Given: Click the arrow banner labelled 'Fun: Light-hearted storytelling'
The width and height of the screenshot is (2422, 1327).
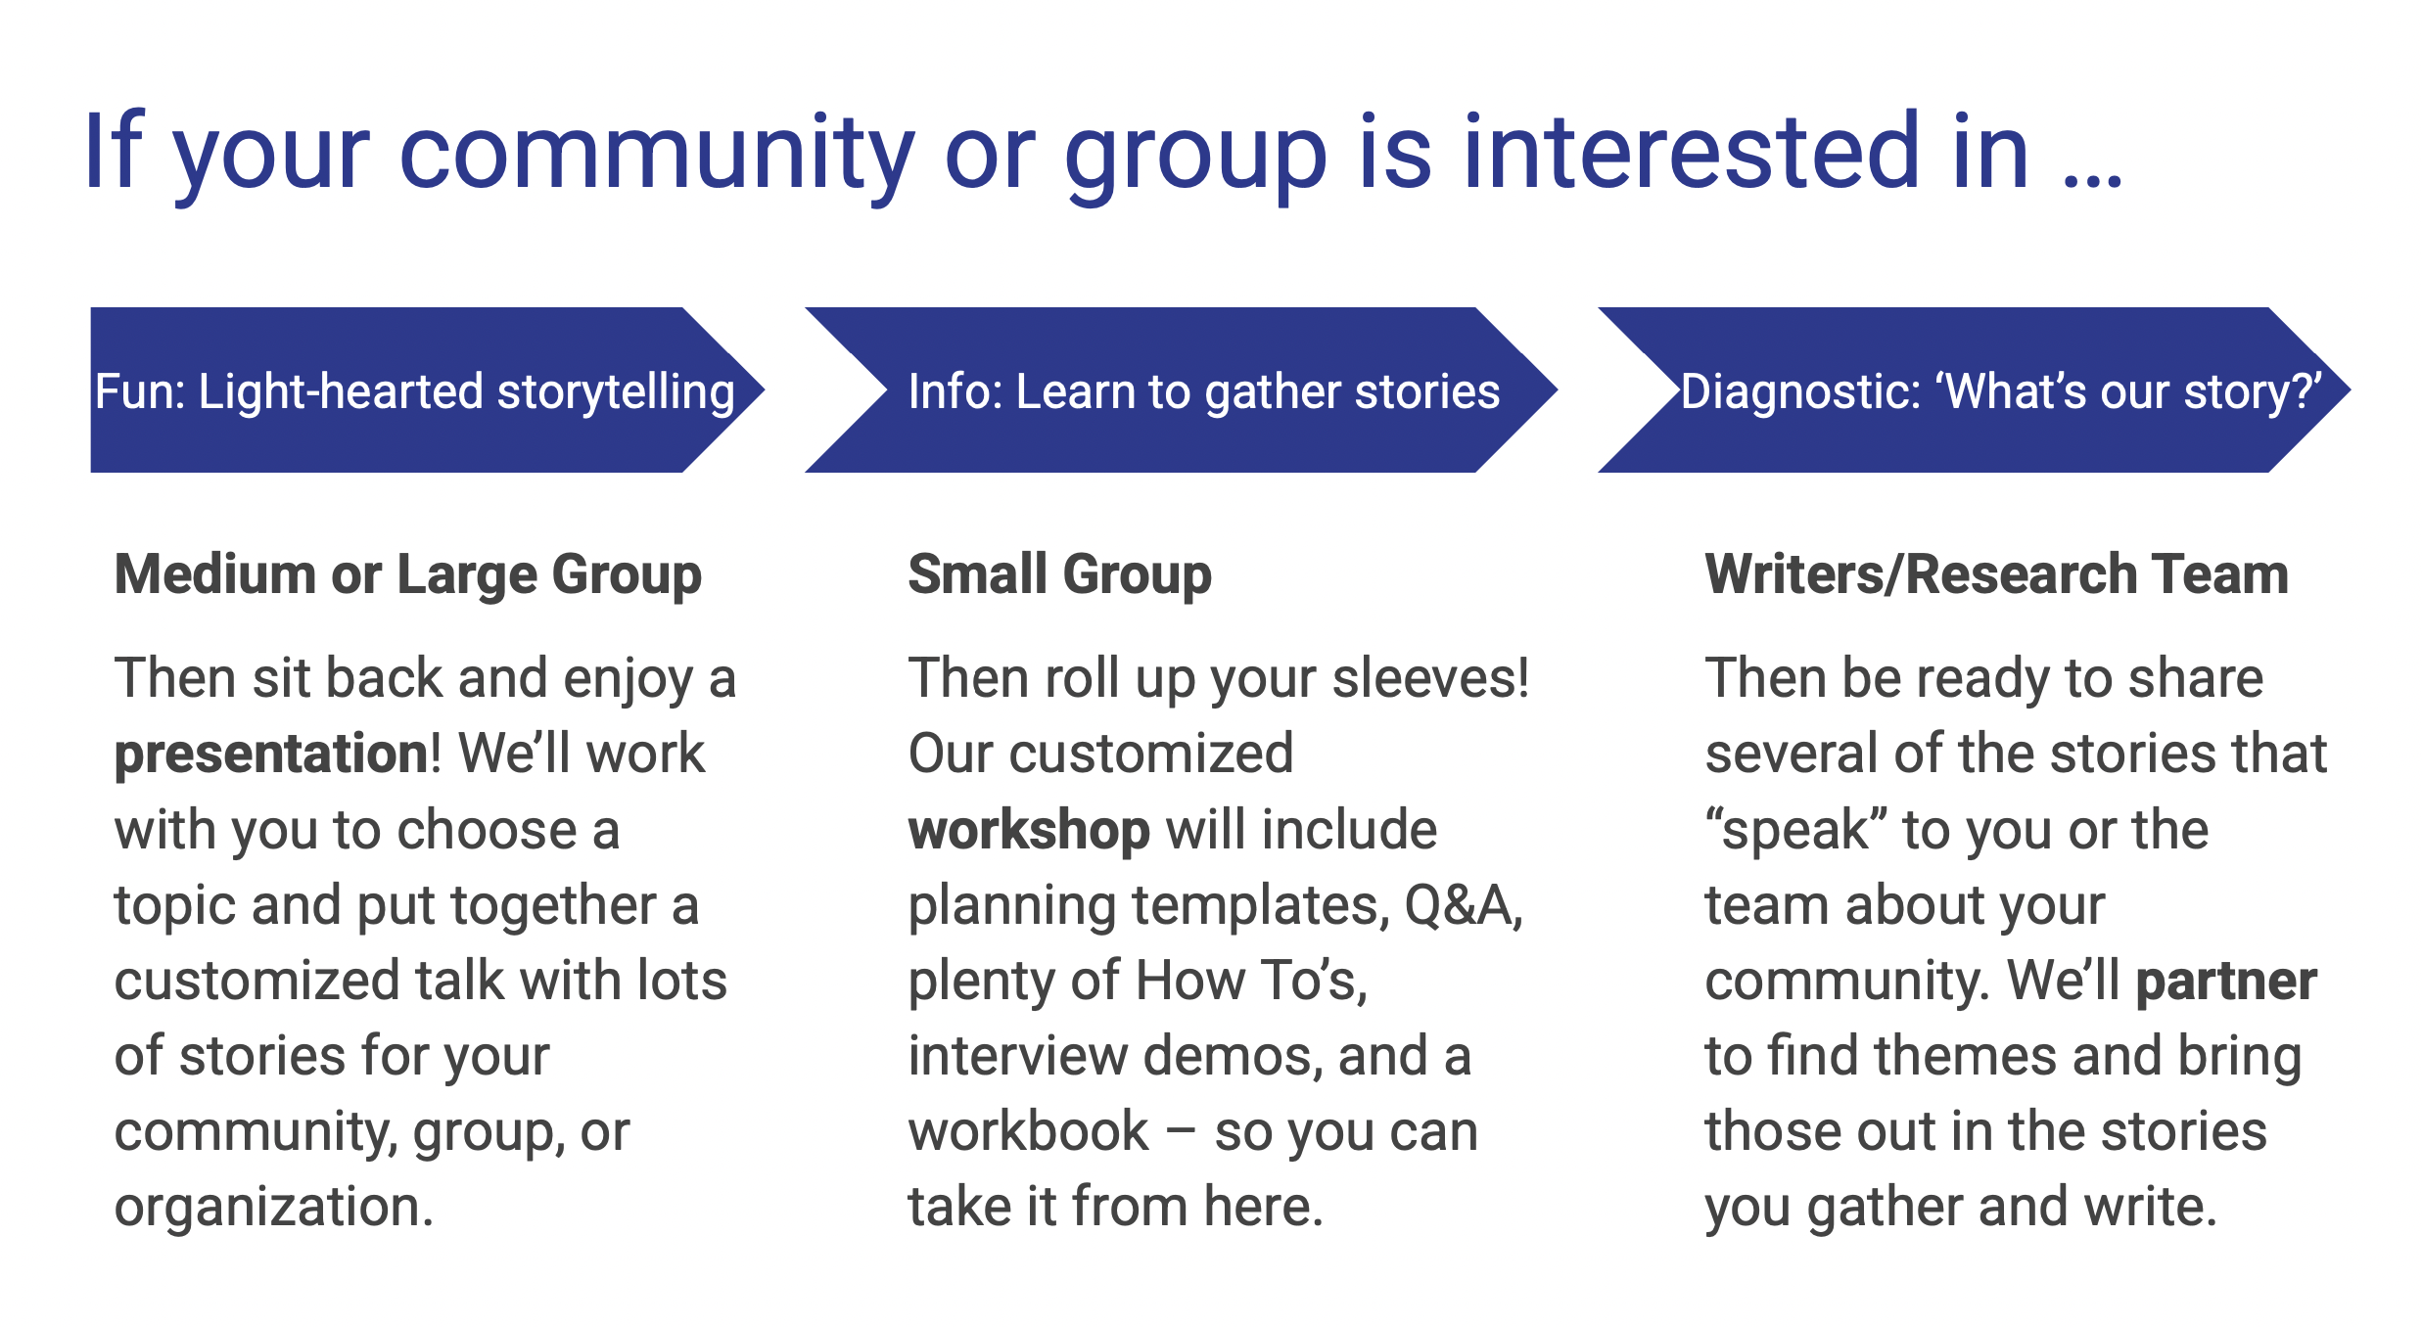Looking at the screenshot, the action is (427, 389).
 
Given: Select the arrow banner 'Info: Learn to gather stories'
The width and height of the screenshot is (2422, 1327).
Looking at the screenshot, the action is (1181, 389).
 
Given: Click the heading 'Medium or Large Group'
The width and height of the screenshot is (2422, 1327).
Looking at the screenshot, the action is (408, 574).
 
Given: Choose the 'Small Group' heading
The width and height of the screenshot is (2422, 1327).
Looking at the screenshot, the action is (1060, 574).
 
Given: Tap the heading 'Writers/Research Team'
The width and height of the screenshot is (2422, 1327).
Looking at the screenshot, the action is (1997, 573).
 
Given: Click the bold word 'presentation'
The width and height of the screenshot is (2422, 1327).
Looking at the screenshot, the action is (271, 755).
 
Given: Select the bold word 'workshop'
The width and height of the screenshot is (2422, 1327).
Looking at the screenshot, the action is (1029, 830).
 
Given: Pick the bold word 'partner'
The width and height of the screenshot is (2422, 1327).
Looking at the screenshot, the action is (2226, 981).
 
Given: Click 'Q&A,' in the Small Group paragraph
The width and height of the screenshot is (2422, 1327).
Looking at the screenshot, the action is (1464, 905).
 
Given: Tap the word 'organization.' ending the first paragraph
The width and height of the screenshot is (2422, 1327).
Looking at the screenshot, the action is (274, 1208).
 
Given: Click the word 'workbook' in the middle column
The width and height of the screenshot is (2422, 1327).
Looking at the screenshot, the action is (1028, 1131).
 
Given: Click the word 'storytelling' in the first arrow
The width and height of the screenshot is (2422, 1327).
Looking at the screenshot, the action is (616, 392).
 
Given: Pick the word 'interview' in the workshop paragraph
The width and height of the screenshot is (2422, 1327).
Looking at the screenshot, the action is (1018, 1056).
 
